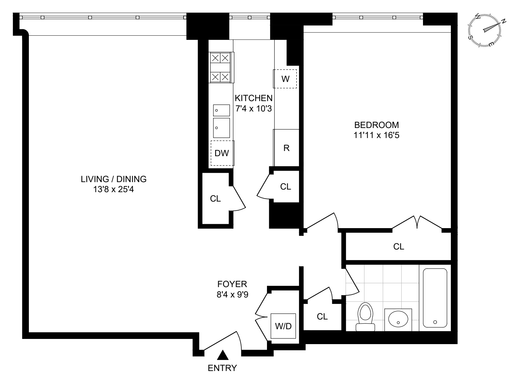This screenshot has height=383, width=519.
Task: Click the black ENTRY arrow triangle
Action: (x=223, y=355)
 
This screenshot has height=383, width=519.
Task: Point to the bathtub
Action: (x=435, y=298)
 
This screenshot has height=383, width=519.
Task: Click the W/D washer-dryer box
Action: (x=283, y=326)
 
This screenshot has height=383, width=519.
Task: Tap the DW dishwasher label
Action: (x=222, y=153)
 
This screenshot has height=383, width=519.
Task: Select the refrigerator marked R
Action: (x=286, y=148)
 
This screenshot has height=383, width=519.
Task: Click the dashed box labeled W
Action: (x=285, y=79)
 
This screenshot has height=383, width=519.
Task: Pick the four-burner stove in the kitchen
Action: (x=221, y=67)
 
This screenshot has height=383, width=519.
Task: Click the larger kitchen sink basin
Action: (x=221, y=128)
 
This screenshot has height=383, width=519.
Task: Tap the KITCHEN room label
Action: (x=253, y=98)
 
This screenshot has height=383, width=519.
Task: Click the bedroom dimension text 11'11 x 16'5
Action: (x=376, y=135)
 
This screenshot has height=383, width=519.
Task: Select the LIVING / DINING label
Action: (x=114, y=179)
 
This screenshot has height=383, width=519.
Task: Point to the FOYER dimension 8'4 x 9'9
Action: (x=232, y=295)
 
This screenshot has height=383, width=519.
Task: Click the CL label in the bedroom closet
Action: (x=399, y=247)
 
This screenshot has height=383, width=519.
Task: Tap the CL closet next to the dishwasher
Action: (x=215, y=199)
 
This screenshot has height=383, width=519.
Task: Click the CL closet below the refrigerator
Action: (x=285, y=186)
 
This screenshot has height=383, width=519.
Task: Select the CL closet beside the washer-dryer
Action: (x=322, y=316)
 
